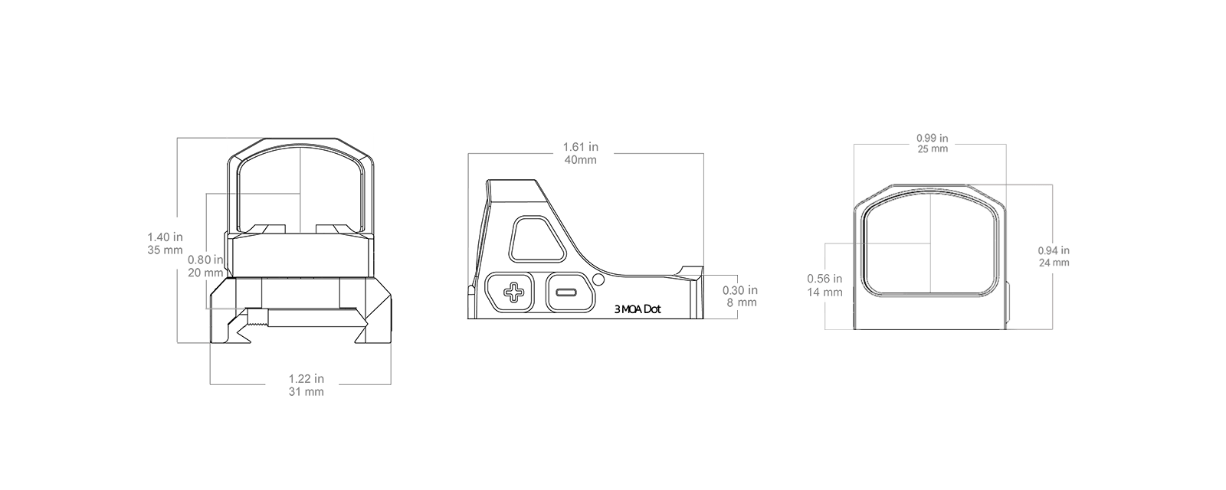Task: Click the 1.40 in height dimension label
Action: (x=165, y=237)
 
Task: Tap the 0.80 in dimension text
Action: (x=205, y=260)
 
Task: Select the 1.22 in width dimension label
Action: (x=306, y=378)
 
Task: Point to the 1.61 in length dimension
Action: (x=581, y=147)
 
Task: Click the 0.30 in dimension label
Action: (x=740, y=290)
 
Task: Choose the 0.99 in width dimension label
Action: (x=933, y=139)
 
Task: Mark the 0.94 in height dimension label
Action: (x=1054, y=250)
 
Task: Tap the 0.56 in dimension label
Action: (x=824, y=279)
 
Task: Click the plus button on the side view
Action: (x=513, y=292)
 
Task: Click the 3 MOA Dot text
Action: (x=638, y=309)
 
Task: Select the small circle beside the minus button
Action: (x=598, y=280)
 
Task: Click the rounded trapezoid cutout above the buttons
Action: (x=537, y=239)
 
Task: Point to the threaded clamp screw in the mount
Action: (x=257, y=318)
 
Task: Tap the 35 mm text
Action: (x=165, y=250)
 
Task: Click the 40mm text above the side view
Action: (x=581, y=160)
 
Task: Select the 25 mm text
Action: (x=933, y=149)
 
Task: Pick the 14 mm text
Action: (x=824, y=292)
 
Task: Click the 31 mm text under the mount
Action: (x=306, y=392)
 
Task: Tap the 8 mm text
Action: (x=742, y=302)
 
